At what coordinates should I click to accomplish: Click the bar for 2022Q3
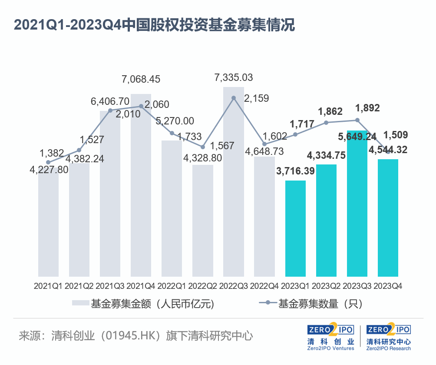pyautogui.click(x=234, y=183)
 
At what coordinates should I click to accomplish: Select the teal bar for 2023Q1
pyautogui.click(x=296, y=228)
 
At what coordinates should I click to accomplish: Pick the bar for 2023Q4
pyautogui.click(x=388, y=218)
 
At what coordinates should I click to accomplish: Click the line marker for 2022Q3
pyautogui.click(x=234, y=98)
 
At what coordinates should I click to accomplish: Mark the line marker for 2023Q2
pyautogui.click(x=327, y=123)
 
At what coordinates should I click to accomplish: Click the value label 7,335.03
pyautogui.click(x=234, y=78)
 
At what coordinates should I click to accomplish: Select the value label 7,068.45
pyautogui.click(x=141, y=79)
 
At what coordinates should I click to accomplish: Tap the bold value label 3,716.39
pyautogui.click(x=296, y=171)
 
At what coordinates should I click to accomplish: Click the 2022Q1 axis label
pyautogui.click(x=172, y=286)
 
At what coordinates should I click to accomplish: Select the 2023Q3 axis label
pyautogui.click(x=357, y=286)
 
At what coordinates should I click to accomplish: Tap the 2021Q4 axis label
pyautogui.click(x=141, y=286)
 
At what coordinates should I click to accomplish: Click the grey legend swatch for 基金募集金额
pyautogui.click(x=79, y=303)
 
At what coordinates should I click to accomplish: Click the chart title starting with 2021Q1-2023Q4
pyautogui.click(x=154, y=25)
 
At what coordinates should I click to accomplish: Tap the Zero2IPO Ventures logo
pyautogui.click(x=330, y=337)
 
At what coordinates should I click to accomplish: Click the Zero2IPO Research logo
pyautogui.click(x=389, y=337)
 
